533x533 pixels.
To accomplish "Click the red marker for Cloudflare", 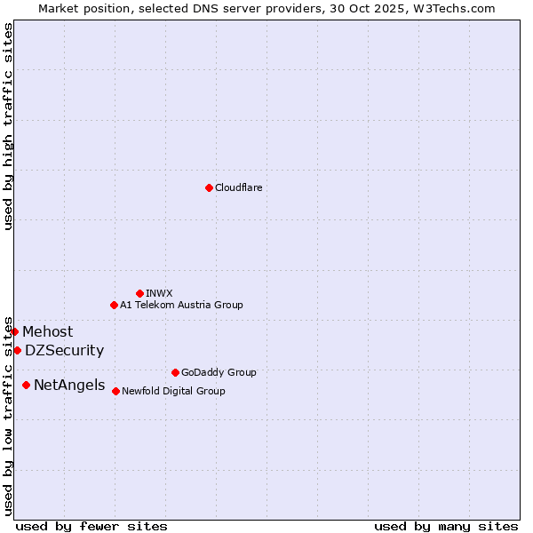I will pyautogui.click(x=209, y=187).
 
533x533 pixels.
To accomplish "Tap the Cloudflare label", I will pyautogui.click(x=238, y=187).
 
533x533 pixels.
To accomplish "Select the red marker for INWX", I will pyautogui.click(x=139, y=293).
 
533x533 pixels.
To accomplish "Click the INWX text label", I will pyautogui.click(x=159, y=293).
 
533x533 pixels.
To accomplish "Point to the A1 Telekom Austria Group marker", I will pyautogui.click(x=114, y=305).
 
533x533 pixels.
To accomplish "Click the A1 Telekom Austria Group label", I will pyautogui.click(x=181, y=305).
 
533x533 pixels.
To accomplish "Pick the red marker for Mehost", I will pyautogui.click(x=14, y=331).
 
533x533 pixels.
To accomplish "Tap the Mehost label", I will pyautogui.click(x=48, y=332).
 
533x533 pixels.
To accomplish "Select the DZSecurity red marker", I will pyautogui.click(x=17, y=350).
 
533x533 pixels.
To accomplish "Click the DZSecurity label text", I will pyautogui.click(x=64, y=351).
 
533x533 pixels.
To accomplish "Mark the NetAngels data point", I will pyautogui.click(x=26, y=385).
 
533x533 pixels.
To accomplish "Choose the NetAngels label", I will pyautogui.click(x=68, y=386).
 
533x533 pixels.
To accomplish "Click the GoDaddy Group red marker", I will pyautogui.click(x=175, y=372).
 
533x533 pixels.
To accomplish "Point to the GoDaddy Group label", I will pyautogui.click(x=219, y=372).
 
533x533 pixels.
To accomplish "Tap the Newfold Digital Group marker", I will pyautogui.click(x=115, y=391).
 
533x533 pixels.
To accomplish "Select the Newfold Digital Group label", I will pyautogui.click(x=173, y=391).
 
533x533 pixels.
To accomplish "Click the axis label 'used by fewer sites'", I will pyautogui.click(x=91, y=526).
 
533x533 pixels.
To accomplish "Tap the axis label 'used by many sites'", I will pyautogui.click(x=446, y=526).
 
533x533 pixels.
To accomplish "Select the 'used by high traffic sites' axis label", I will pyautogui.click(x=8, y=126).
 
